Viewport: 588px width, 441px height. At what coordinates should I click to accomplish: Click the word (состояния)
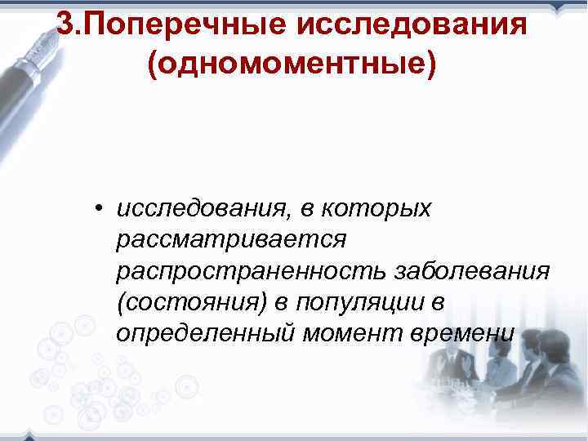point(192,303)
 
